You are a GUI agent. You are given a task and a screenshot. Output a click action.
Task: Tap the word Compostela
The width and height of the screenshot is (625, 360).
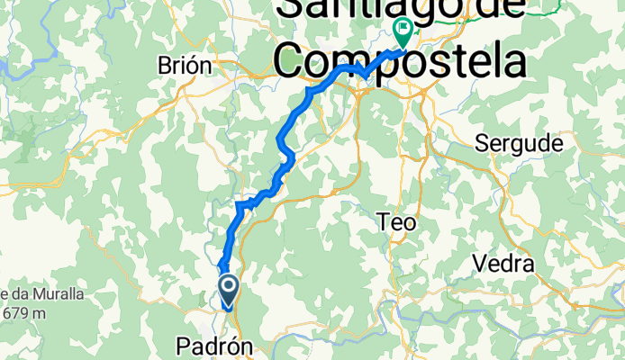(400, 64)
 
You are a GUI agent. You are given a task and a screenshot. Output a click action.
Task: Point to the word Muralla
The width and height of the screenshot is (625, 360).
(53, 294)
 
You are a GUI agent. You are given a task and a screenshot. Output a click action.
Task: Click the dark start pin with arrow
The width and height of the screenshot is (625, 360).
(229, 289)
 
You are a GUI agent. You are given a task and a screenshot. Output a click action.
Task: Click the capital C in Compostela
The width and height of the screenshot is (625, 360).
(293, 64)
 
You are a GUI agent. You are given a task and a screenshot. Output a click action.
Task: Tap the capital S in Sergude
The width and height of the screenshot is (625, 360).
(483, 144)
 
